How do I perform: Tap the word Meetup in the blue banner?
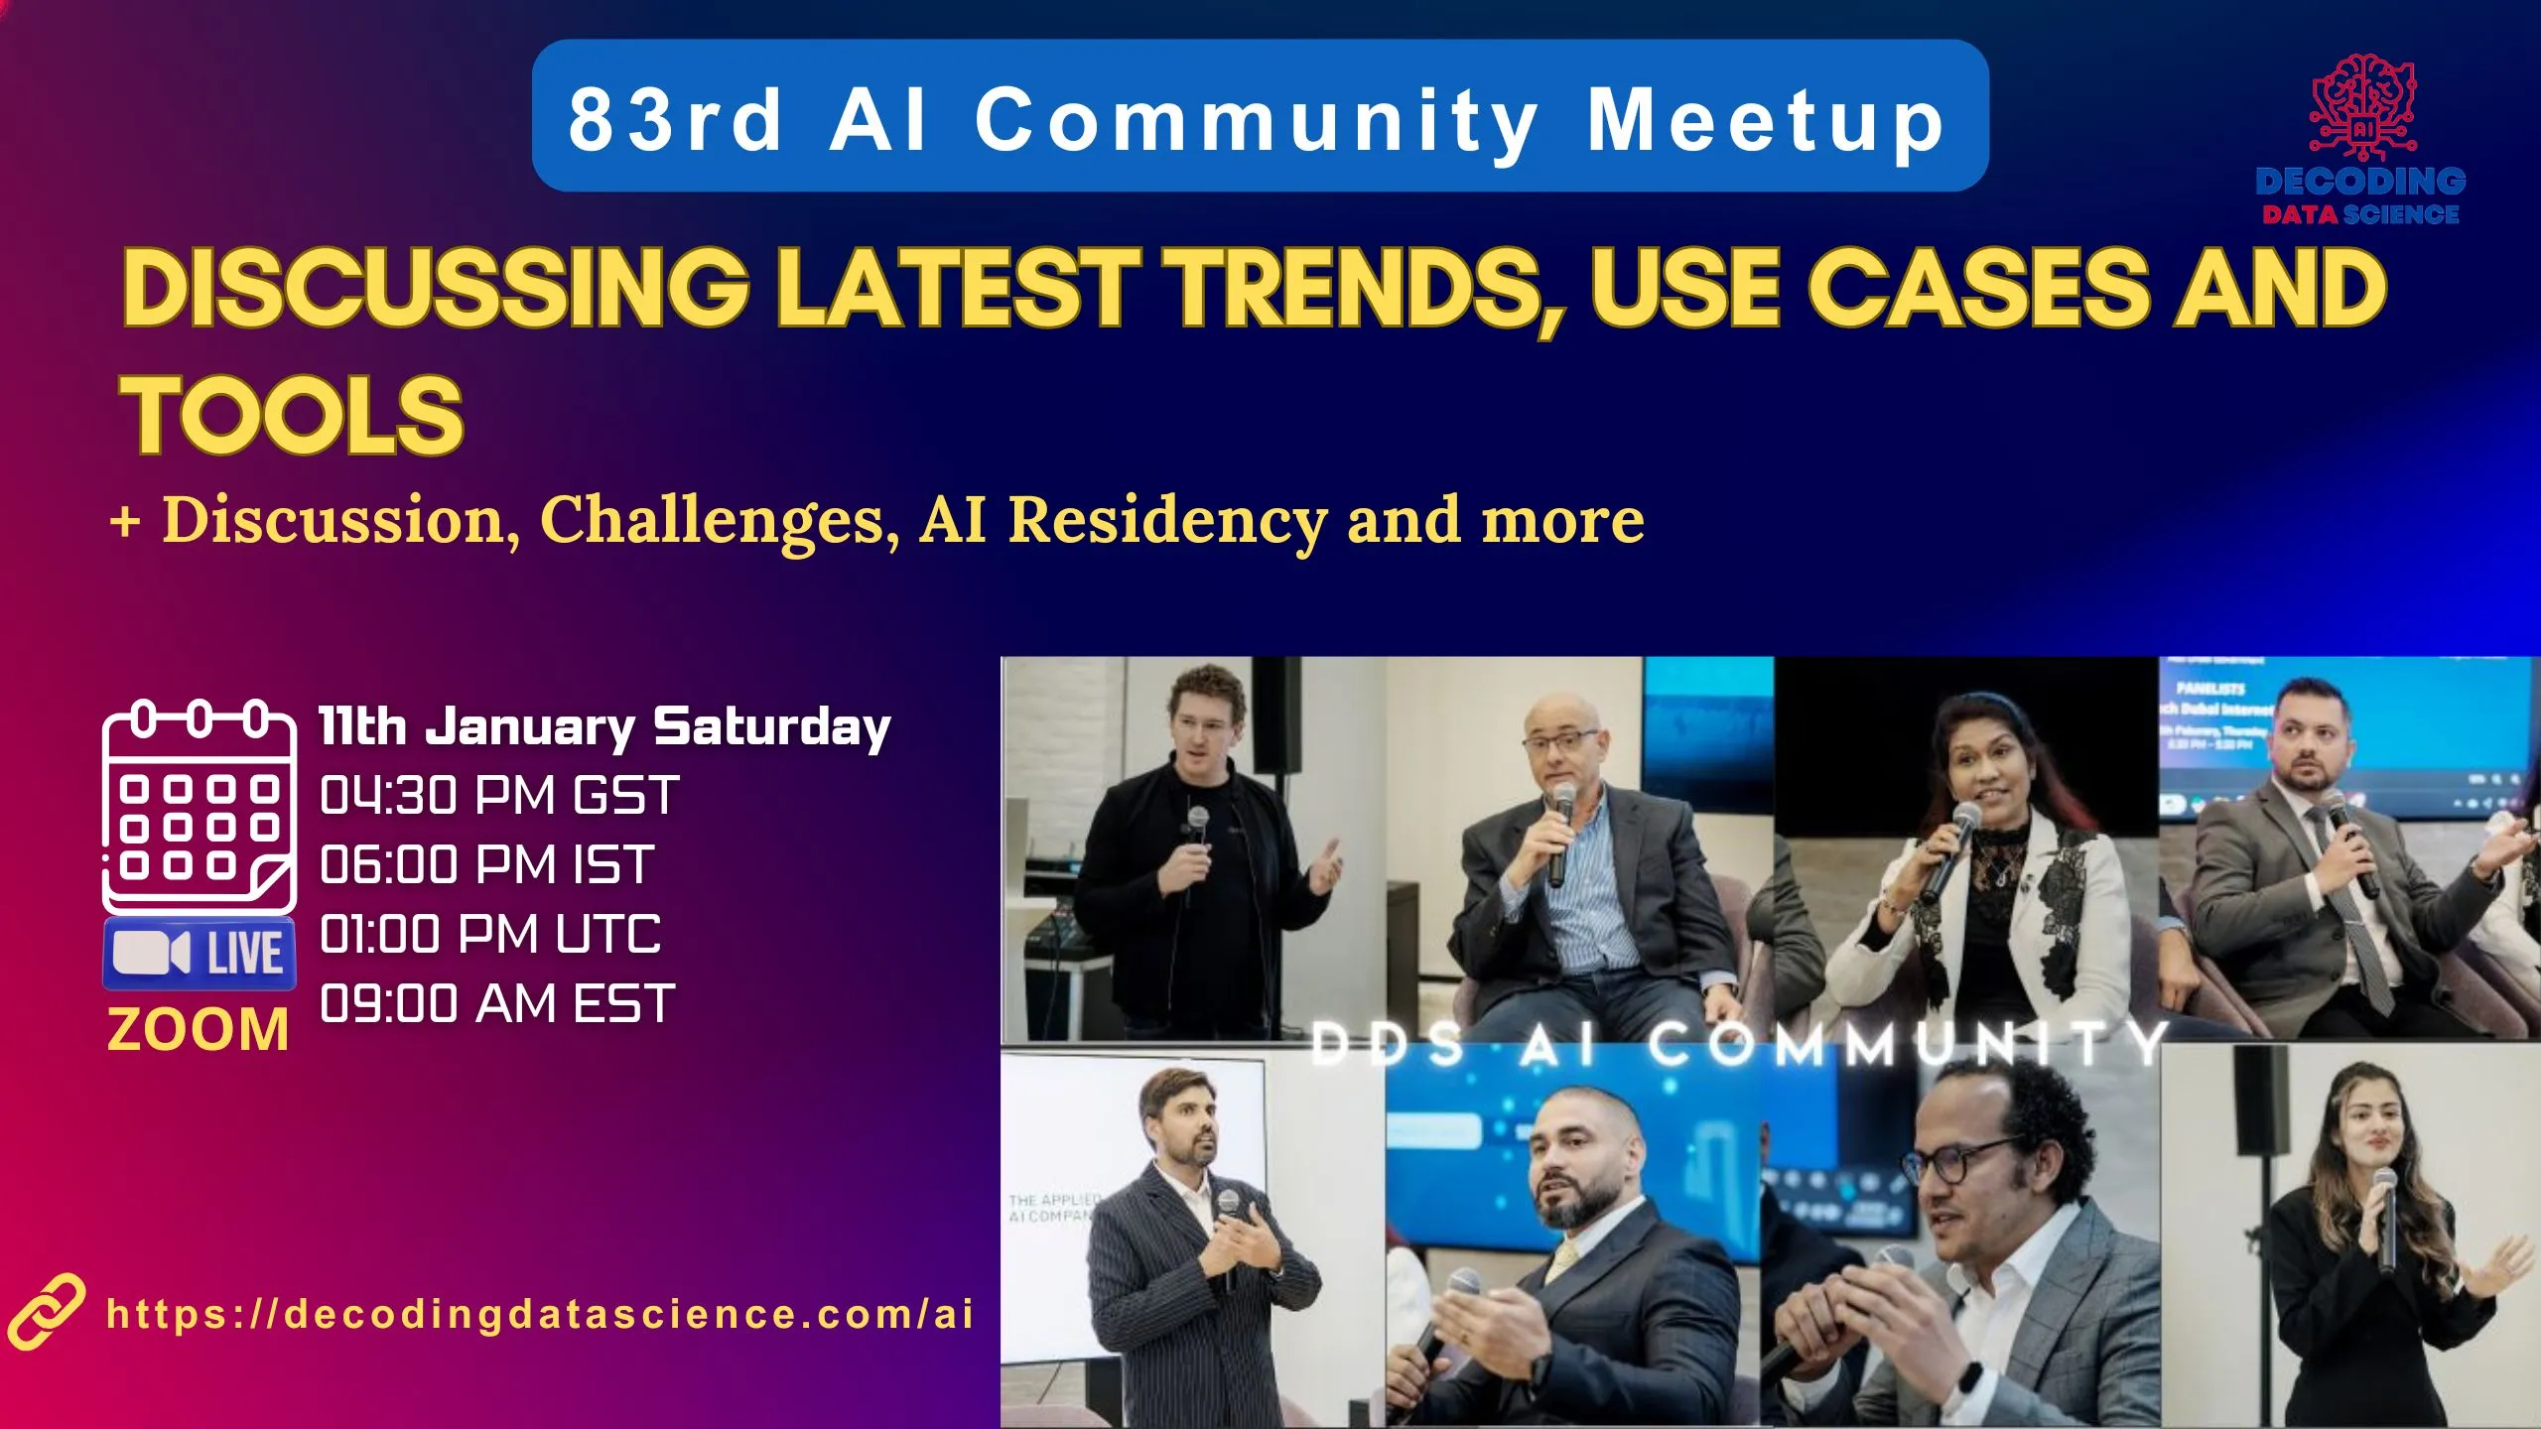tap(1765, 119)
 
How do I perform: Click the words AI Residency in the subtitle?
tap(1122, 520)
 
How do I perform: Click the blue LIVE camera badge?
tap(199, 954)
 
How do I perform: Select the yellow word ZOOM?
tap(199, 1030)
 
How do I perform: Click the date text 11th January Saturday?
tap(603, 727)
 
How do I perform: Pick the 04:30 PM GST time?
tap(499, 796)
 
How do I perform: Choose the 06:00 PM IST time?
tap(486, 865)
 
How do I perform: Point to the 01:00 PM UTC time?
tap(490, 935)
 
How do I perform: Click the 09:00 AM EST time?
tap(497, 1004)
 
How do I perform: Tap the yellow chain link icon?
tap(45, 1312)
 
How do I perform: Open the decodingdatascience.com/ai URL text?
tap(540, 1314)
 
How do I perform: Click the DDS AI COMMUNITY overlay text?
tap(1737, 1044)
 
